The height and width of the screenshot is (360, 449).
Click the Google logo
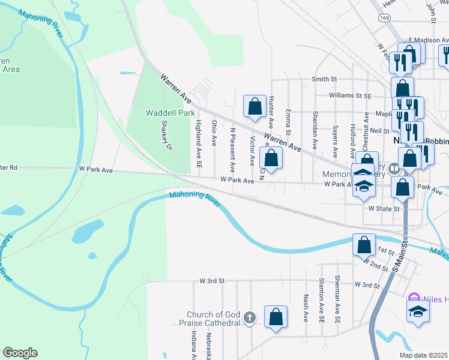[20, 353]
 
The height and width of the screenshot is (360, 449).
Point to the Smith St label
[324, 79]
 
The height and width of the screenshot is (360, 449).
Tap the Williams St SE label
[350, 95]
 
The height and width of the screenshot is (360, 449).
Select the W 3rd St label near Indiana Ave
[212, 280]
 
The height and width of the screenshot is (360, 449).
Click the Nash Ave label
[306, 308]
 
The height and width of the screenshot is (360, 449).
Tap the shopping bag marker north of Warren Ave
[255, 107]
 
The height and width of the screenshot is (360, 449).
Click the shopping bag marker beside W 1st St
[364, 245]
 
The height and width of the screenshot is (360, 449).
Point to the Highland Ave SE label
[198, 143]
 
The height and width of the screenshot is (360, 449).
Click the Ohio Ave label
[214, 133]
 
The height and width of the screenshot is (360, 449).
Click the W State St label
[384, 209]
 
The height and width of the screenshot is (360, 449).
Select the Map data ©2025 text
[423, 355]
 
